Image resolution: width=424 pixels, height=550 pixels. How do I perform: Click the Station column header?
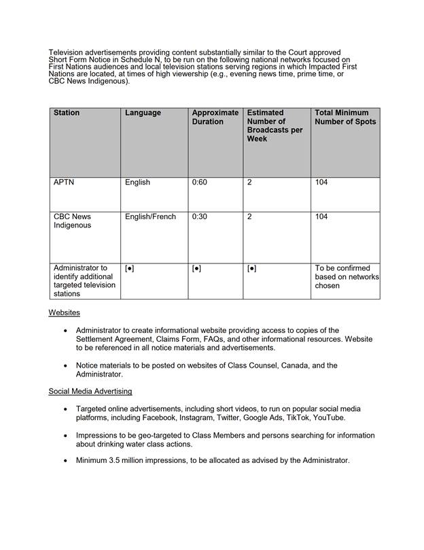click(x=67, y=113)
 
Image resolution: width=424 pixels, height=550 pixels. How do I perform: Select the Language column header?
click(x=143, y=113)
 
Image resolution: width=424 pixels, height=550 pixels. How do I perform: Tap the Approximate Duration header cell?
click(x=215, y=117)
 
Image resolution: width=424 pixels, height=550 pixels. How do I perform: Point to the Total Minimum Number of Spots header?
click(x=345, y=117)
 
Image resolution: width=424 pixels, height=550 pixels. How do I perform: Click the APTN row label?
click(x=64, y=183)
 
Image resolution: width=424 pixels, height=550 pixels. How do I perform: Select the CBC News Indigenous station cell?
click(x=72, y=221)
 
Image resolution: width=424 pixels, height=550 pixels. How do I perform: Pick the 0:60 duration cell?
click(x=200, y=183)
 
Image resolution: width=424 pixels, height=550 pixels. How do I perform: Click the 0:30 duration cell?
click(x=200, y=217)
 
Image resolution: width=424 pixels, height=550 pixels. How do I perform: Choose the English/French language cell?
click(x=150, y=217)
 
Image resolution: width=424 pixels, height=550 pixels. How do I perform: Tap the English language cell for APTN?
click(x=137, y=183)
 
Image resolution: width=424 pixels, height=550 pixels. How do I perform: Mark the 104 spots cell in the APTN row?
click(x=321, y=183)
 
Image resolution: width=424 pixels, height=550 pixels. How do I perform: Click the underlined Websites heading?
click(x=65, y=312)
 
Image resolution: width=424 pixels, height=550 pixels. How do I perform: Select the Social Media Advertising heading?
click(x=90, y=391)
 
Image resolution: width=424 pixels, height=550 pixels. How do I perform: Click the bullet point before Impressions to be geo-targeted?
click(x=65, y=436)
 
